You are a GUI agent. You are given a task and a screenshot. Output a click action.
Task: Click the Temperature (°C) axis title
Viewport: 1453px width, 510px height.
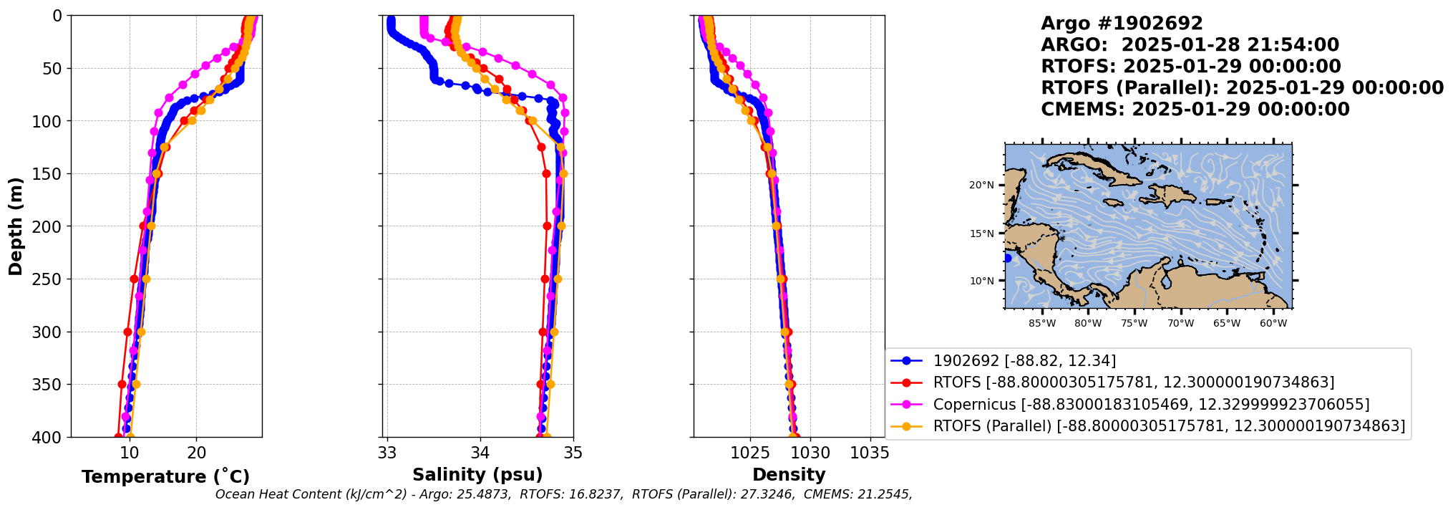pyautogui.click(x=165, y=476)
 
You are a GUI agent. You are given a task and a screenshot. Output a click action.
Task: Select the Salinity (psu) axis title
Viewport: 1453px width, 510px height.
pyautogui.click(x=477, y=475)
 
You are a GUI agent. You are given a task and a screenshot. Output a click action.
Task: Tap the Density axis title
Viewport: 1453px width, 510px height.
pyautogui.click(x=789, y=475)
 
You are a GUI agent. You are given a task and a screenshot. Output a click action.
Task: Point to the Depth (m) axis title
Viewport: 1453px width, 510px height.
pyautogui.click(x=16, y=226)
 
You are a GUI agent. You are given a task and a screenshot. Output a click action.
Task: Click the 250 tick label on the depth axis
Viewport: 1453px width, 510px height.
pyautogui.click(x=49, y=279)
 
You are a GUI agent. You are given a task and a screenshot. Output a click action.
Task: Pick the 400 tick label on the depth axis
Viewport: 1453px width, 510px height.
pyautogui.click(x=49, y=437)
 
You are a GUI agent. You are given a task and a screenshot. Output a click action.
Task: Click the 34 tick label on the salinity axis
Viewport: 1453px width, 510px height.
pyautogui.click(x=480, y=453)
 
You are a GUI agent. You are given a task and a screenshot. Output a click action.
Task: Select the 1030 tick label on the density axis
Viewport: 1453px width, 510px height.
pyautogui.click(x=810, y=453)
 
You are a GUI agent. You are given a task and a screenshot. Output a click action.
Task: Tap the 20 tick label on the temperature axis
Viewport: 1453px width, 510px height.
pyautogui.click(x=197, y=453)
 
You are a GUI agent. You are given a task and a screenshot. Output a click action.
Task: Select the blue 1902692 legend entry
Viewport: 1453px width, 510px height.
pyautogui.click(x=1024, y=361)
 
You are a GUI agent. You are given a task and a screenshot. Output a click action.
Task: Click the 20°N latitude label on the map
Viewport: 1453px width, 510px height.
pyautogui.click(x=981, y=186)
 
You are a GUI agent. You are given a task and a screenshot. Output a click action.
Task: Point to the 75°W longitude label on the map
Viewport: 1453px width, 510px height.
pyautogui.click(x=1134, y=324)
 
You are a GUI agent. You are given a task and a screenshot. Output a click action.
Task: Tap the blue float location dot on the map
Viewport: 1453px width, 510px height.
pyautogui.click(x=1007, y=258)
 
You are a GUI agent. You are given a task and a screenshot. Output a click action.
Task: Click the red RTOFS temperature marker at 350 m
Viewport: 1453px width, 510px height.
pyautogui.click(x=122, y=385)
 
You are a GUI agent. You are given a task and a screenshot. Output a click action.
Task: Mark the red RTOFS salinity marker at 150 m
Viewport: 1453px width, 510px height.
pyautogui.click(x=546, y=174)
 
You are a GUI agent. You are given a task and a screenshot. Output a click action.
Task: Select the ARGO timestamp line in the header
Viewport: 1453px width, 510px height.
pyautogui.click(x=1190, y=45)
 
